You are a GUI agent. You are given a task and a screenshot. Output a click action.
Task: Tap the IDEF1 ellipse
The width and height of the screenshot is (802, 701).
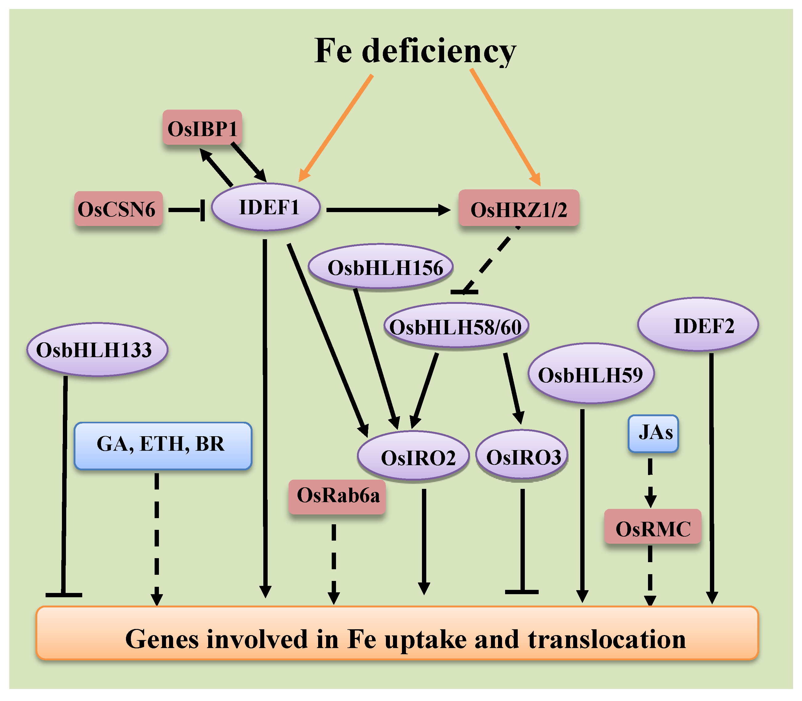tap(266, 207)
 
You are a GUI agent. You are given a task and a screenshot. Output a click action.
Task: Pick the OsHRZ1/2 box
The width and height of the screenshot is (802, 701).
tap(519, 208)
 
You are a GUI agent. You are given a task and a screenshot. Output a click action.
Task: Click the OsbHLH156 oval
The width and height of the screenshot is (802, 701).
tap(380, 267)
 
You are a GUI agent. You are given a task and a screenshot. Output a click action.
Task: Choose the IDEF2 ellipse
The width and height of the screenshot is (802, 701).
tap(698, 325)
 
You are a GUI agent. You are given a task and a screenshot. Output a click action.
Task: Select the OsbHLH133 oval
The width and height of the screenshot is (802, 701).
tap(97, 349)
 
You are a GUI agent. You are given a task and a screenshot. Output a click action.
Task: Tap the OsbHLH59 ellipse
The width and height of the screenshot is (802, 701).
tap(591, 373)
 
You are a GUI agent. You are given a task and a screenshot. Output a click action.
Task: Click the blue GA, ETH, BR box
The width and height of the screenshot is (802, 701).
tap(162, 445)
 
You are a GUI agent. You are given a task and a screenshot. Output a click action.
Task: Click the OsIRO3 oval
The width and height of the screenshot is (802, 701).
tap(521, 455)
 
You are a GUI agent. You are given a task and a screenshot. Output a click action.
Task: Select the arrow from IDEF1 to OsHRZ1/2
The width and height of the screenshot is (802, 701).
tap(387, 210)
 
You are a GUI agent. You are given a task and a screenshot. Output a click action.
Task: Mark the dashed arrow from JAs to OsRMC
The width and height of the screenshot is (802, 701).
tap(650, 483)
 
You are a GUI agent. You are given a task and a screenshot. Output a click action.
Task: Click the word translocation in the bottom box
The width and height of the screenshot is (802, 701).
tap(606, 640)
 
